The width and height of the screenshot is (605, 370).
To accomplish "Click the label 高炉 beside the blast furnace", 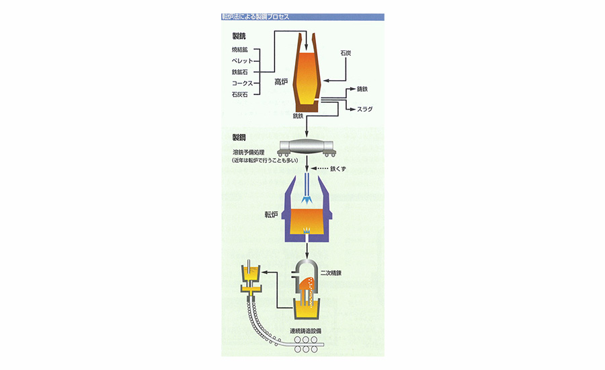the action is (281, 81).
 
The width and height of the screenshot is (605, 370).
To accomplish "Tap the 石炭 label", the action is (346, 53).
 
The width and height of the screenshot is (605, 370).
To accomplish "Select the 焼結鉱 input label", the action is (239, 50).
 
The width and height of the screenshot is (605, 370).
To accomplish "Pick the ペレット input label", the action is (242, 61).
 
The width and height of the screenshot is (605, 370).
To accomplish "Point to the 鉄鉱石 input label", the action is (239, 72).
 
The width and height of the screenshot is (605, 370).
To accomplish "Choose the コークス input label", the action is (242, 83).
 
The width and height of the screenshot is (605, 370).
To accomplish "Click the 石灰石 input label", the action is (239, 95).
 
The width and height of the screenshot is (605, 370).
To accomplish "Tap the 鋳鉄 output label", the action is (362, 89).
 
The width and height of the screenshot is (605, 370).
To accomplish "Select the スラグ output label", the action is (364, 109).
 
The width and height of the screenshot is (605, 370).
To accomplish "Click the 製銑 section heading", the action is (239, 36).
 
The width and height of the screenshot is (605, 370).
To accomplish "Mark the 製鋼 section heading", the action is (239, 137).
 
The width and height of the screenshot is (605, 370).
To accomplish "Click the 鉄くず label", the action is (338, 169).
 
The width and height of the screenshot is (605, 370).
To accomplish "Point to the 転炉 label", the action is (272, 215).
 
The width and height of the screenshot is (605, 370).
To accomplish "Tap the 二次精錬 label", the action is (331, 273).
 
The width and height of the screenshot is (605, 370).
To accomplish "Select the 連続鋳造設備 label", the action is (306, 331).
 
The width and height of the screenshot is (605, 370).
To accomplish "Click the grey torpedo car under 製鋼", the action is (307, 147).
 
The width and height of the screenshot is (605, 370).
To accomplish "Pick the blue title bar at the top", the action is (302, 17).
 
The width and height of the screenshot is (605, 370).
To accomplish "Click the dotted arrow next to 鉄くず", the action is (319, 169).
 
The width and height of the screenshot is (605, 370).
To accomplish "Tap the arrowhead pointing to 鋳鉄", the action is (353, 89).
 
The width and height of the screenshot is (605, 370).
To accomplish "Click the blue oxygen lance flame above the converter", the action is (307, 200).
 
